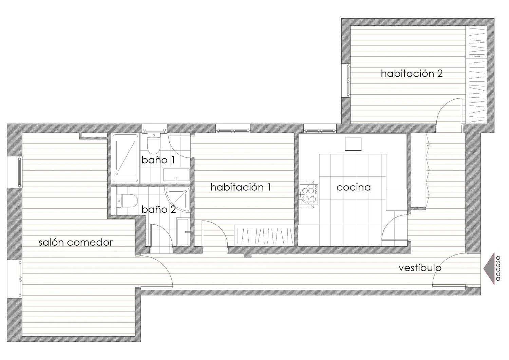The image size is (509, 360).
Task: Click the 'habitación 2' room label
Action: click(x=412, y=74)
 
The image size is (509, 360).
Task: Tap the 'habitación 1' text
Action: click(x=241, y=187)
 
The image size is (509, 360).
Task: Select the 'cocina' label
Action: click(x=354, y=188)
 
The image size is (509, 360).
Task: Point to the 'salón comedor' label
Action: click(x=75, y=243)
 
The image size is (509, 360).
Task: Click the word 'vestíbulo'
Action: click(x=420, y=268)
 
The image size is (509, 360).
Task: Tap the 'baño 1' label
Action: click(x=158, y=160)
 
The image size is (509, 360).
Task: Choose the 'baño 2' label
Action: click(x=158, y=209)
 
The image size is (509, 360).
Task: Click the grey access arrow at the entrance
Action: click(x=489, y=269)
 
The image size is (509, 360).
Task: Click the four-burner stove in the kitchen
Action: click(x=308, y=194)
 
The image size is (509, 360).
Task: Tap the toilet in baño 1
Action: click(x=154, y=143)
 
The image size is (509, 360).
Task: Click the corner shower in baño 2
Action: click(x=178, y=199)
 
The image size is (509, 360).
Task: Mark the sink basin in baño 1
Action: click(x=176, y=175)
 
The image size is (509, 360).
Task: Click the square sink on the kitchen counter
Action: click(x=353, y=144)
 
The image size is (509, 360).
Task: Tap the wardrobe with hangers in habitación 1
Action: click(x=264, y=235)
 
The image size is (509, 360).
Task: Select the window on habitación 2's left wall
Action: click(x=348, y=81)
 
